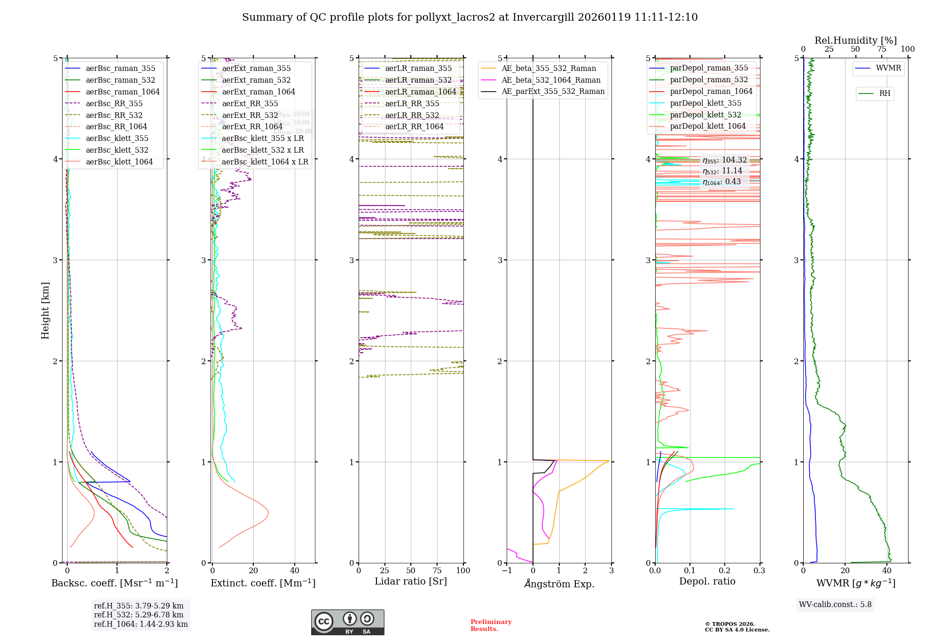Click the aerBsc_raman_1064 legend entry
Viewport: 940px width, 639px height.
click(122, 92)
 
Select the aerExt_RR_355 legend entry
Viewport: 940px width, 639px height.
click(250, 103)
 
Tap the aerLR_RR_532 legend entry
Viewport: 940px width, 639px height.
click(412, 115)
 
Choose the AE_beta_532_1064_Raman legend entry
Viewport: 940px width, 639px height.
click(551, 80)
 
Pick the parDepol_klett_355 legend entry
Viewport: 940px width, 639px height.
click(705, 103)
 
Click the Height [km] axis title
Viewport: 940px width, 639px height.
click(45, 310)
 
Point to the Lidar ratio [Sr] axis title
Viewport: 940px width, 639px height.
click(410, 581)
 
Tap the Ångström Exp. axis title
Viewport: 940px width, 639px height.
click(559, 584)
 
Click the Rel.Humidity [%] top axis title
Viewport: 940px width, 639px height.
click(855, 40)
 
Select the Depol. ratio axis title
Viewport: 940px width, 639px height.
click(707, 581)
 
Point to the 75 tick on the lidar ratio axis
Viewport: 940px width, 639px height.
click(437, 570)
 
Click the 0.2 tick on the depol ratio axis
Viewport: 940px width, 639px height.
click(724, 570)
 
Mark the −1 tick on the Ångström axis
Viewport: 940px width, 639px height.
click(507, 570)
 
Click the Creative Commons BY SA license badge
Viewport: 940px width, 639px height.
click(347, 622)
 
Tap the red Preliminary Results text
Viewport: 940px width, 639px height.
click(491, 625)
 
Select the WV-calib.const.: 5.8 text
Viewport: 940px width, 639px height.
click(835, 604)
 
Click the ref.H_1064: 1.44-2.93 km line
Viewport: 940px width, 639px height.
click(141, 624)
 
